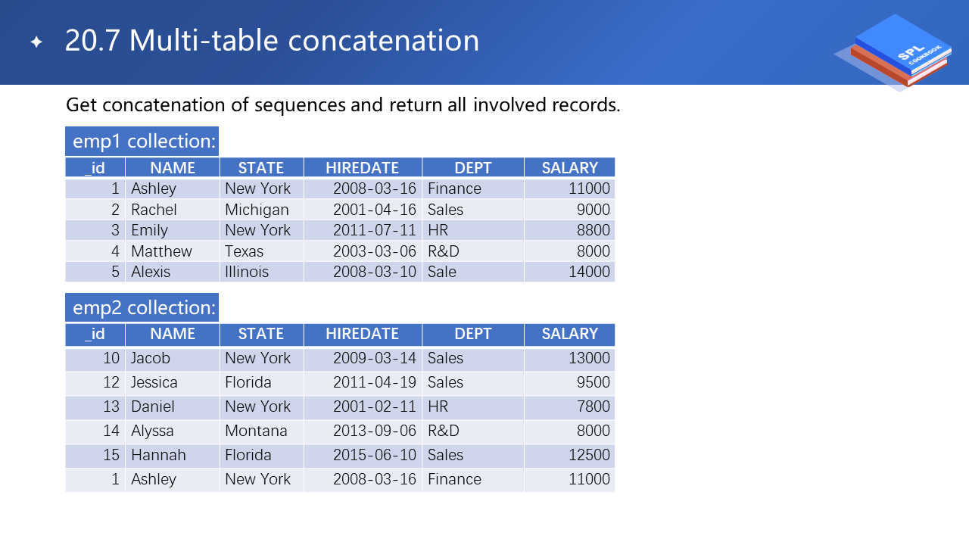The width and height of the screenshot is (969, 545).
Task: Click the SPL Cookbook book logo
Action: [898, 52]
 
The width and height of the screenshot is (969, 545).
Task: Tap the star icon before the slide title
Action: [36, 42]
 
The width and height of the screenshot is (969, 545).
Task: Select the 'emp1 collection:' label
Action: [142, 142]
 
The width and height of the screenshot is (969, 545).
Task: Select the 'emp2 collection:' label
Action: [142, 308]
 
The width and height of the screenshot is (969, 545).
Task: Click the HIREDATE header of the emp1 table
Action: [362, 168]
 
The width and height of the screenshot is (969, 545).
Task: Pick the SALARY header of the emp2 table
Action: [569, 334]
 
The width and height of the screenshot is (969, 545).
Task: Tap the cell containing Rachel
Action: [154, 210]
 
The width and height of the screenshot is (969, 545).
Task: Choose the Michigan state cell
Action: [257, 210]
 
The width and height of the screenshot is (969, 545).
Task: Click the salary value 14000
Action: [589, 272]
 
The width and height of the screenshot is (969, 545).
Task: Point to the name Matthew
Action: [161, 251]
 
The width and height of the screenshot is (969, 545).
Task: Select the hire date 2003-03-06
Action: [375, 251]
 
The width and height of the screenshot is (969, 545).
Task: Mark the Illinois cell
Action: [247, 272]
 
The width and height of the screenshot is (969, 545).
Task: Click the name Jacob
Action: [151, 358]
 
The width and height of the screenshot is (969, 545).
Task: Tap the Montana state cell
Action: [256, 431]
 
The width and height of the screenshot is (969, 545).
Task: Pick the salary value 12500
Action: [589, 455]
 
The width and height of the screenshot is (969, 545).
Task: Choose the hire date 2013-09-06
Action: [375, 431]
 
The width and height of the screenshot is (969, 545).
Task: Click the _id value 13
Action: [111, 406]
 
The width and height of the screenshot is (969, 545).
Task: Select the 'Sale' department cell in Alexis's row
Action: [442, 272]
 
